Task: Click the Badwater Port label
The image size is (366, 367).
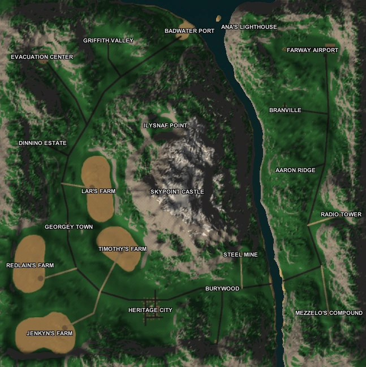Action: coord(190,31)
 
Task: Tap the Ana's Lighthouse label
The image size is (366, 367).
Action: coord(249,27)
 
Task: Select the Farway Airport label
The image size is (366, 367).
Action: coord(312,50)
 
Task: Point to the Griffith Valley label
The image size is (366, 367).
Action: coord(108,41)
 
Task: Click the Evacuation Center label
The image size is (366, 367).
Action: coord(42,57)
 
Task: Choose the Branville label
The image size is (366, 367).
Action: coord(285,110)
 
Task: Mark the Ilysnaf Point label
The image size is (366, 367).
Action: coord(165,126)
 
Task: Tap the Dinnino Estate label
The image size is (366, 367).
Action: coord(42,143)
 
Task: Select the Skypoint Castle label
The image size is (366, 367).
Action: coord(177,192)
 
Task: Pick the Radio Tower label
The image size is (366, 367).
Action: coord(341,215)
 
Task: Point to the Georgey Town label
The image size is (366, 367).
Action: coord(68,227)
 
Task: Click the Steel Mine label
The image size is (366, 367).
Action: coord(240,255)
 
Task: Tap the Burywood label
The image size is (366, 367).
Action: coord(222,289)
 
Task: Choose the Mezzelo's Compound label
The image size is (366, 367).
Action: coord(329,313)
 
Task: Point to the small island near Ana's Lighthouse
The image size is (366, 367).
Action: coord(218,18)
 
